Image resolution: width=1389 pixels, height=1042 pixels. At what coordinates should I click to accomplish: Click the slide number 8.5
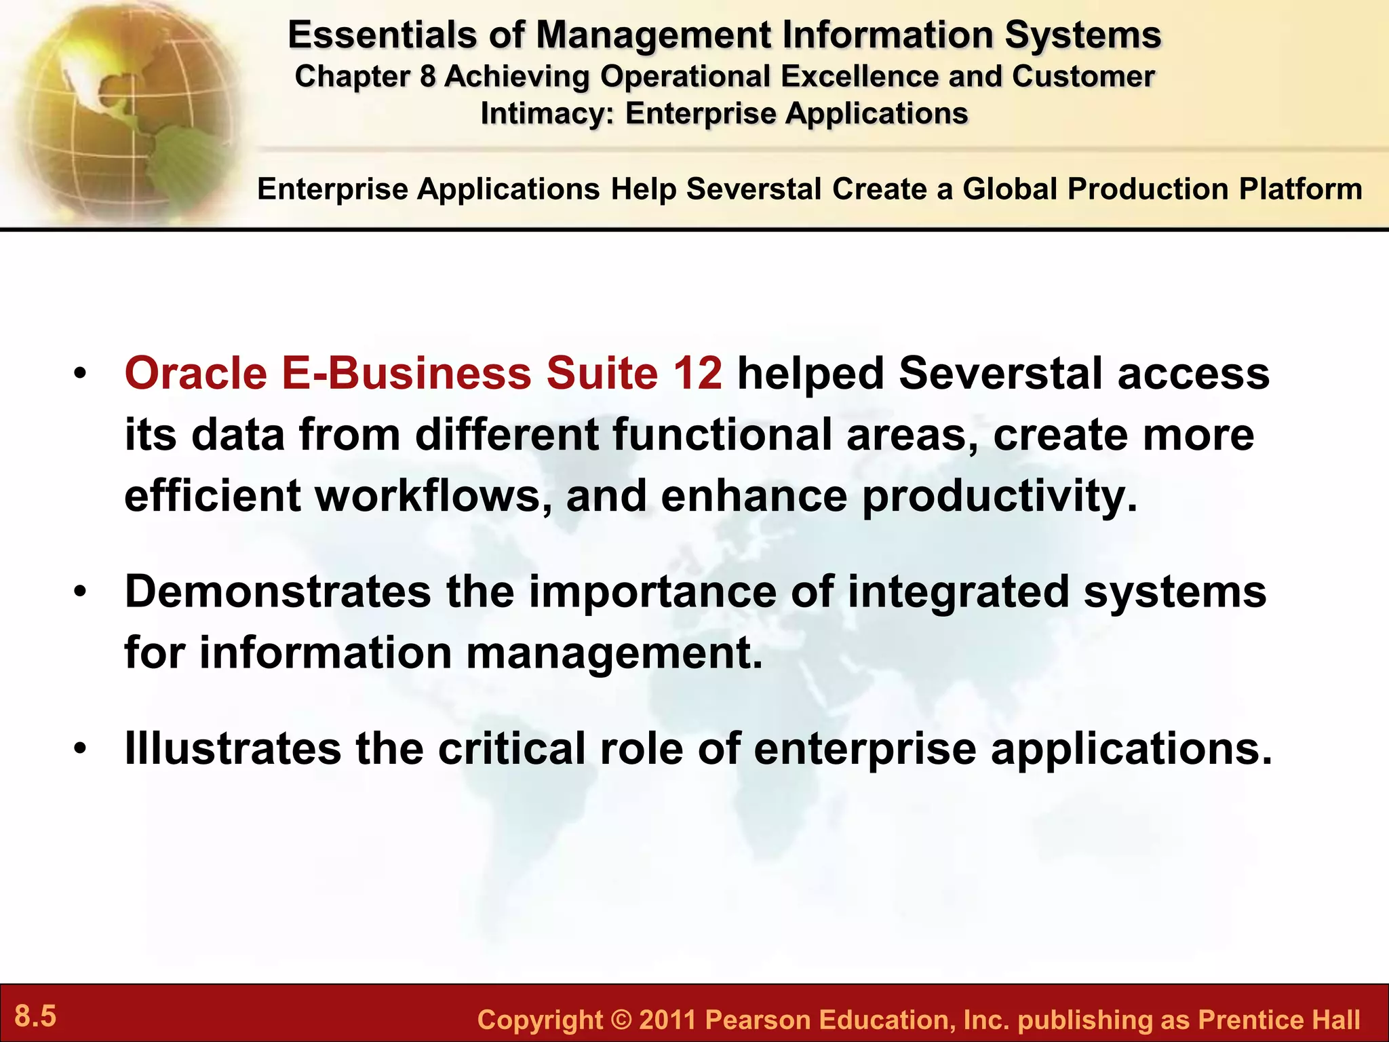(35, 1017)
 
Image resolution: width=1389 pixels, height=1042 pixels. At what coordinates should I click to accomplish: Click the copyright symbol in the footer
(621, 1020)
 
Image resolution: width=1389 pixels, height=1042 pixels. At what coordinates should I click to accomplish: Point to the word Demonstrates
(278, 592)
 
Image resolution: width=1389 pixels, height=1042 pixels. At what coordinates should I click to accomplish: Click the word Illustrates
(233, 748)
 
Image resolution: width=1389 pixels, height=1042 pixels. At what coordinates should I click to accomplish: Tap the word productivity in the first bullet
(998, 497)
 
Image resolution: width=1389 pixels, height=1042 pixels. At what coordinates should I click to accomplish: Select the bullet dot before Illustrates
(81, 749)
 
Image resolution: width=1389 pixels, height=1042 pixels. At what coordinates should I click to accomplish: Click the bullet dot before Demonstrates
(81, 592)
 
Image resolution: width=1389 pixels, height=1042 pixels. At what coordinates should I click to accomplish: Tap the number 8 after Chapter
(427, 77)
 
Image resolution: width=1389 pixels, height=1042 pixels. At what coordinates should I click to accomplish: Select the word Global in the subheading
(1010, 189)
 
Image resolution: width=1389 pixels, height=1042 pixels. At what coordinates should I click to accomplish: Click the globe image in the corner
(122, 109)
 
